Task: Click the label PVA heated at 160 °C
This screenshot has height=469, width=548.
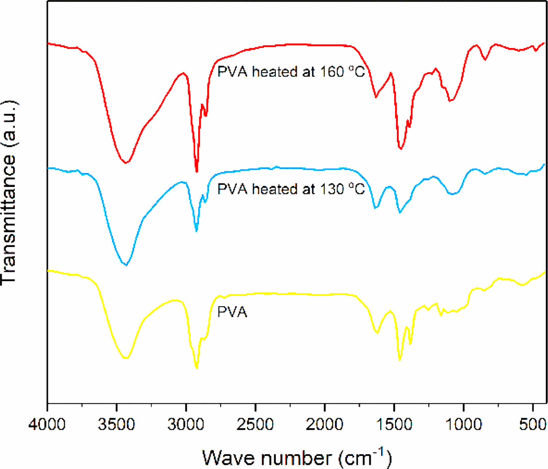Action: click(291, 72)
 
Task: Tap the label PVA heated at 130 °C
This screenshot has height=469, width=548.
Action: click(291, 189)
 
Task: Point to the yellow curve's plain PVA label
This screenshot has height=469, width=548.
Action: click(232, 312)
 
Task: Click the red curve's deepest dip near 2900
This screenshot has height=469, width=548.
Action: click(197, 172)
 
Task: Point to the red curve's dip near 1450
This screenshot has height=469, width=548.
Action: click(400, 149)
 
